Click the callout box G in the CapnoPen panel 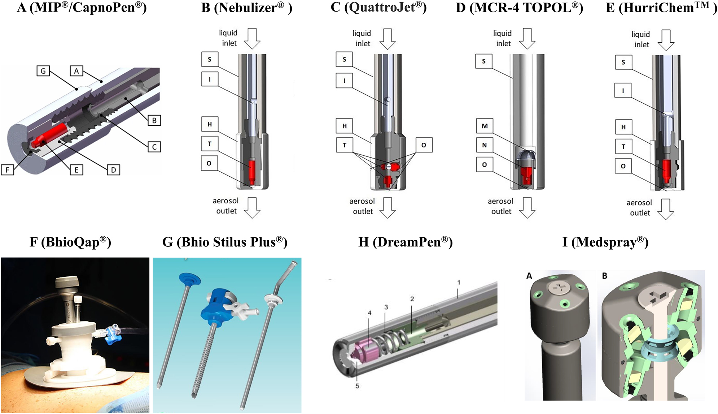tap(43, 71)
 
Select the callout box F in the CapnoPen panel tap(8, 169)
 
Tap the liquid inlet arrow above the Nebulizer tap(252, 38)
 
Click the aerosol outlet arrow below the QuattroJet tap(388, 207)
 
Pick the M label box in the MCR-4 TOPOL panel tap(484, 126)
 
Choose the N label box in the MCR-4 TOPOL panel tap(484, 145)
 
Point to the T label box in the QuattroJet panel tap(344, 145)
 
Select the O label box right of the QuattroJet tap(424, 145)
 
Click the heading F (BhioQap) tap(70, 242)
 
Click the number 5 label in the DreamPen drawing tap(357, 386)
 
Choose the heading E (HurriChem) tap(661, 8)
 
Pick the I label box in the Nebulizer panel tap(210, 79)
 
